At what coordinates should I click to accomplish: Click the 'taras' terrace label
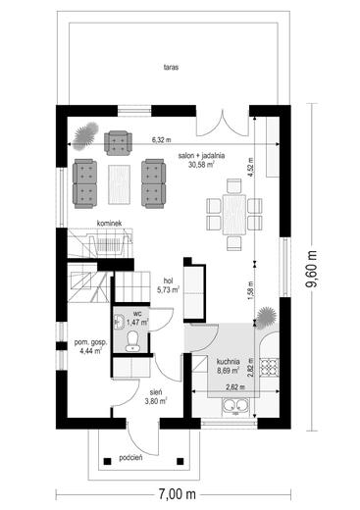pos(171,68)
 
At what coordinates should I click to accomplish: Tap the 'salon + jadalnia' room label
pos(201,156)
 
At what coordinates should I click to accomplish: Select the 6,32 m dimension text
pos(161,140)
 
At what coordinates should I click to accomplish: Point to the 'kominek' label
pos(110,224)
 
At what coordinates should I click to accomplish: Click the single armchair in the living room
pos(119,142)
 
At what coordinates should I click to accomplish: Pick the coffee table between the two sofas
pos(120,184)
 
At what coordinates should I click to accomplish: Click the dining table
pos(234,215)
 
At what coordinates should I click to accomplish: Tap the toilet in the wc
pos(132,341)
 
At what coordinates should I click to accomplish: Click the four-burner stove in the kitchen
pos(270,368)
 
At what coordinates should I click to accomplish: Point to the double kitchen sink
pos(235,407)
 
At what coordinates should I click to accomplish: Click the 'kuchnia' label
pos(229,362)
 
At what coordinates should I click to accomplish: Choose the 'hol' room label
pos(169,280)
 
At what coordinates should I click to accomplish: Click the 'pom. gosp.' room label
pos(90,342)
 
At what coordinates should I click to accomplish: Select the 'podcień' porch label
pos(130,458)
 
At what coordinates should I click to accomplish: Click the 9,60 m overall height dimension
pos(312,269)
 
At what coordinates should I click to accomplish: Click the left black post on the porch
pos(107,461)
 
